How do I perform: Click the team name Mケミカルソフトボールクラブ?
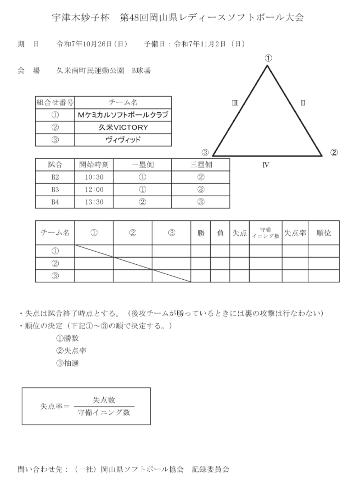click(x=123, y=115)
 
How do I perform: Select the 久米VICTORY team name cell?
click(x=123, y=127)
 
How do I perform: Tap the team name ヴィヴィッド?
click(x=123, y=140)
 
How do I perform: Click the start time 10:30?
click(x=94, y=177)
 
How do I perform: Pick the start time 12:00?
click(x=94, y=190)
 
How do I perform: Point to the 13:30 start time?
click(x=94, y=202)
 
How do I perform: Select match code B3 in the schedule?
click(x=55, y=190)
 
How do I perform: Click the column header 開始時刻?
click(x=94, y=165)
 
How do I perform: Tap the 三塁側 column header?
click(x=201, y=165)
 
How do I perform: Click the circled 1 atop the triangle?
click(x=268, y=58)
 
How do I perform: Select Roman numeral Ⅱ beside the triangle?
click(x=303, y=103)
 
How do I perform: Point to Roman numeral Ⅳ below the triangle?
click(x=266, y=165)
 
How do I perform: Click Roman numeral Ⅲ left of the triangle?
click(x=235, y=103)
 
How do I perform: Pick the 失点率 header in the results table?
click(x=295, y=233)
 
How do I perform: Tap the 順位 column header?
click(x=323, y=233)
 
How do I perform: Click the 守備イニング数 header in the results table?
click(x=266, y=233)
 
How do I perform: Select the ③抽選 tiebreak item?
click(x=68, y=363)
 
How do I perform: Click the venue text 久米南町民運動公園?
click(x=90, y=71)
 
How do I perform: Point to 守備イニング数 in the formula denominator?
click(x=104, y=412)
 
